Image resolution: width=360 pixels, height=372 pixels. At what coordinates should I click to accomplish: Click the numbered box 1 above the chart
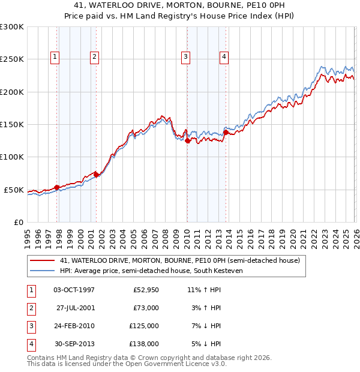click(55, 57)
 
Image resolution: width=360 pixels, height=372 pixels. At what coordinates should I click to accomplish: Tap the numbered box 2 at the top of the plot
click(95, 57)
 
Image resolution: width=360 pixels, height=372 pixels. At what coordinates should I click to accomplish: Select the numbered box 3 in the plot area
click(185, 57)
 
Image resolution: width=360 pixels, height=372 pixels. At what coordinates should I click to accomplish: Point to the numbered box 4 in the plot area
click(224, 57)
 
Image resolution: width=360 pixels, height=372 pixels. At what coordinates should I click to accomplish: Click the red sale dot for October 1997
click(57, 187)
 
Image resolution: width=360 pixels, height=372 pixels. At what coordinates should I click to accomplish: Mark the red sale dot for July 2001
click(97, 175)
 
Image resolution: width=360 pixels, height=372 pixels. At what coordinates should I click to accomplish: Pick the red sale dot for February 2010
click(187, 141)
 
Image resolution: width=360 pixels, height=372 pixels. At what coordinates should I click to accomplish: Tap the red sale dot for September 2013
click(226, 132)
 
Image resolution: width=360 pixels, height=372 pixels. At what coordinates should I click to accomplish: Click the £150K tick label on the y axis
click(11, 124)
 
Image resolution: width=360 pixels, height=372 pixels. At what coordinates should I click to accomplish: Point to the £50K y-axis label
click(14, 190)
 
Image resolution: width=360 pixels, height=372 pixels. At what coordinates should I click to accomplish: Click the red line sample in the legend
click(43, 261)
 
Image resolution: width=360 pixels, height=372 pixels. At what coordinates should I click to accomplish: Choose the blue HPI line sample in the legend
click(43, 271)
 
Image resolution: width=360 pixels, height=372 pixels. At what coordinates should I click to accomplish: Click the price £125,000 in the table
click(144, 326)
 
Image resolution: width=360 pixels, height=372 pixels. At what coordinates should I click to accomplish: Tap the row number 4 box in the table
click(30, 344)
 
